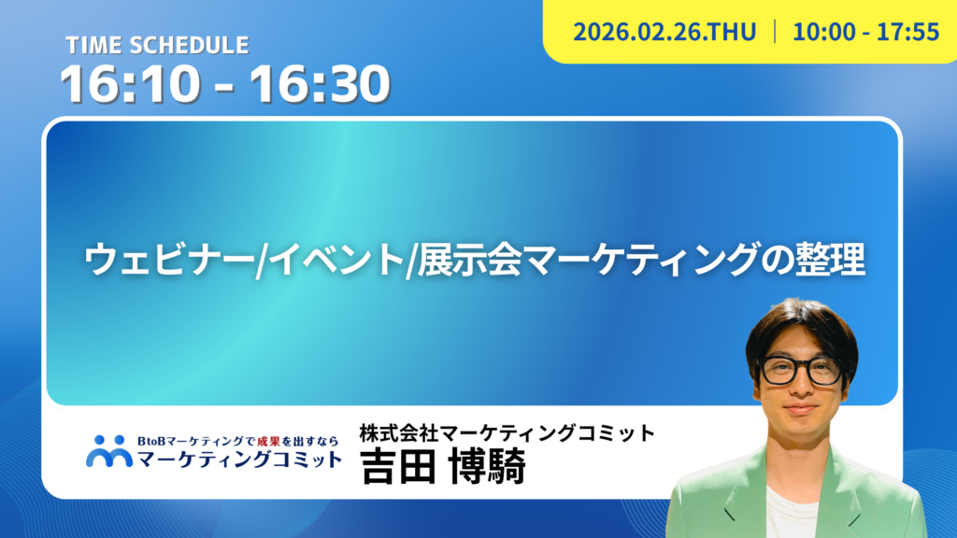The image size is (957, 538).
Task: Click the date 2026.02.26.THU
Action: tap(664, 32)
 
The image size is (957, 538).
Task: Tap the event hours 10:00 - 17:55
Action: tap(865, 32)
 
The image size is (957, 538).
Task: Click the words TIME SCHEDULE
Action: tap(157, 45)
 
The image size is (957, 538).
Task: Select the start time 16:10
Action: tap(130, 83)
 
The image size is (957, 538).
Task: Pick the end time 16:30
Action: tap(320, 83)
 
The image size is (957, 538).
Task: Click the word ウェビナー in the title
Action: tap(170, 260)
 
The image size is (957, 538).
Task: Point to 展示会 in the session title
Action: tap(469, 260)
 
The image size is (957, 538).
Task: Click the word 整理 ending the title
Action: tap(830, 260)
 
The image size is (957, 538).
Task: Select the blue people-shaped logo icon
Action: tap(109, 451)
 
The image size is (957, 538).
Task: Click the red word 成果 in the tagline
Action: tap(268, 441)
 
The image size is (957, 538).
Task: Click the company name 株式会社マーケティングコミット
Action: tap(507, 432)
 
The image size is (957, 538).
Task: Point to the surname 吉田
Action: tap(397, 466)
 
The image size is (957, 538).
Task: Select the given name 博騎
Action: tap(486, 466)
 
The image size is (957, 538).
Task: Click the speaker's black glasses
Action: tap(800, 370)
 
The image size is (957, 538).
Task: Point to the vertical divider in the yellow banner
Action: tap(775, 32)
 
